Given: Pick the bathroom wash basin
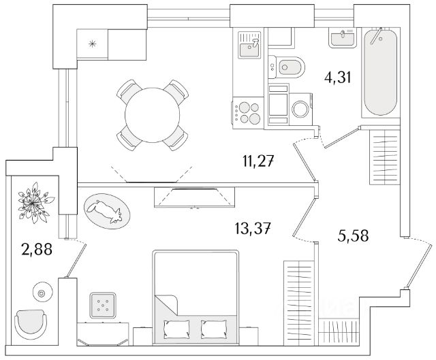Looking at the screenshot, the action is [341, 37].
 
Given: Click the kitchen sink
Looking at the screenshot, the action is [249, 46].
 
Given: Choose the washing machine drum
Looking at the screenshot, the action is [299, 108].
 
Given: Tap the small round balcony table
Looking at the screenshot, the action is [42, 293].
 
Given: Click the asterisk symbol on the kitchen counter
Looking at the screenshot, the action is [93, 46].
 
